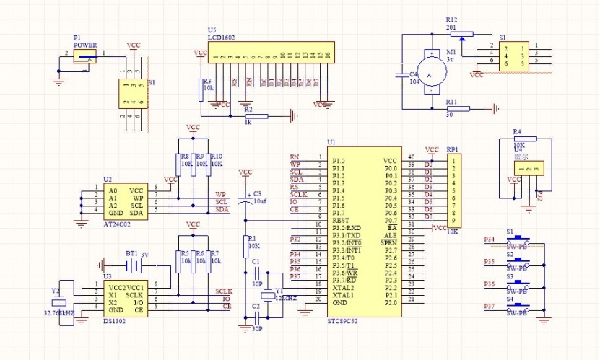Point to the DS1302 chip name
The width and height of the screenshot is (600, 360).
click(x=114, y=320)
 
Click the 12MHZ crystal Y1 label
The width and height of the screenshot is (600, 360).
click(x=286, y=297)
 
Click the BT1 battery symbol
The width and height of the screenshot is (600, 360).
click(x=131, y=266)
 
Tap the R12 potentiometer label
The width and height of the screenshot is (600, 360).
click(x=452, y=19)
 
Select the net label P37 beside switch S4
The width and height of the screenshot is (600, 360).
click(x=490, y=307)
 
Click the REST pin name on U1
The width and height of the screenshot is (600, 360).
click(x=340, y=220)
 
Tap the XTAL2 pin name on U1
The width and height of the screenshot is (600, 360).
click(x=343, y=287)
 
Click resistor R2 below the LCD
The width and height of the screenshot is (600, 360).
click(x=256, y=115)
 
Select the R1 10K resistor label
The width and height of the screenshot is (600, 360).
click(x=252, y=242)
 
